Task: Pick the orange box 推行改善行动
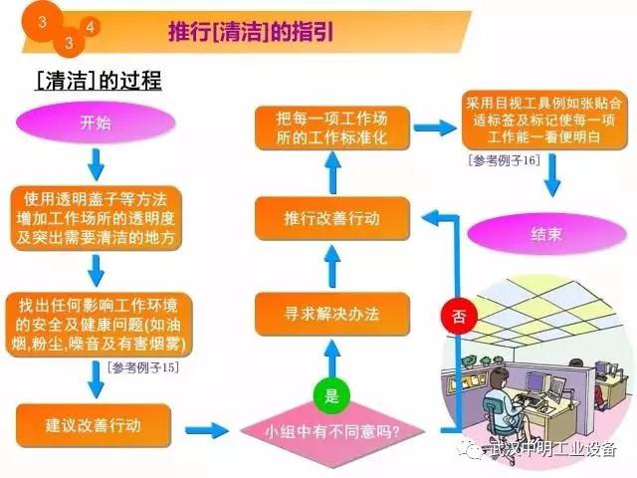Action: [331, 216]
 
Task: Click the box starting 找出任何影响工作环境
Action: [96, 321]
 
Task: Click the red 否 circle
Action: [457, 318]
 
